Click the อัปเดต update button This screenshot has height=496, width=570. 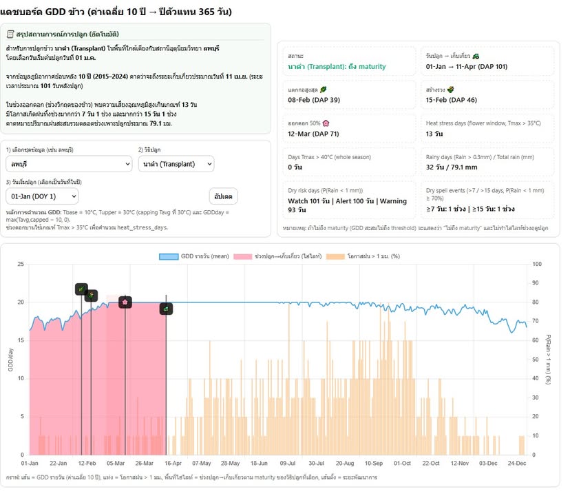coord(223,196)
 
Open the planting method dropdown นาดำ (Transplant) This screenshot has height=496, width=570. coord(176,164)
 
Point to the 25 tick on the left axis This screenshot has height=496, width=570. coord(21,265)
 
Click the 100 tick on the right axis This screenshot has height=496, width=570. coord(538,265)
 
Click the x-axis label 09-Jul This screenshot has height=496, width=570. coord(288,463)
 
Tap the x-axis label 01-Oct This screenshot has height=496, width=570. coord(401,463)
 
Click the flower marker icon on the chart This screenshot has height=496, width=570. coord(125,302)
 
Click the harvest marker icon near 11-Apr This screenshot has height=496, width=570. coord(166,309)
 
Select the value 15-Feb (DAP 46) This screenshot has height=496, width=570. coord(450,99)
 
